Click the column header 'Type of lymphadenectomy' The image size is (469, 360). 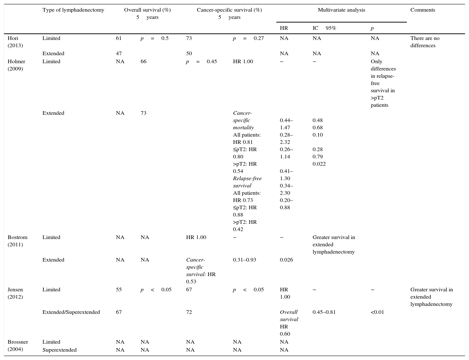click(73, 10)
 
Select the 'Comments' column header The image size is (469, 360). click(422, 10)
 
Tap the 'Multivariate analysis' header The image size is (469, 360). click(341, 10)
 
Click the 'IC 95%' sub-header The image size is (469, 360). click(324, 28)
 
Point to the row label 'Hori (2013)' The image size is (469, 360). click(15, 42)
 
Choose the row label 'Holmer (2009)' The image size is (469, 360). click(16, 65)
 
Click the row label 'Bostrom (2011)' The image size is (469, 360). click(17, 241)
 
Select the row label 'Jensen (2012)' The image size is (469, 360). click(15, 293)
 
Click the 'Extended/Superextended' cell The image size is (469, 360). click(71, 312)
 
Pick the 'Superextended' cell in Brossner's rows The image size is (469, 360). click(59, 350)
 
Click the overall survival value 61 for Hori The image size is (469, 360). click(119, 38)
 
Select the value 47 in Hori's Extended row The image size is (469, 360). click(119, 53)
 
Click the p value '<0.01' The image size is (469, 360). click(377, 312)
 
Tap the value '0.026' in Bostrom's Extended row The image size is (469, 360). click(286, 260)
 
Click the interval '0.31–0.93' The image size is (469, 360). click(244, 260)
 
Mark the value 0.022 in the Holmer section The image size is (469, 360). click(319, 164)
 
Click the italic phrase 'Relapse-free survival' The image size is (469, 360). click(247, 182)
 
